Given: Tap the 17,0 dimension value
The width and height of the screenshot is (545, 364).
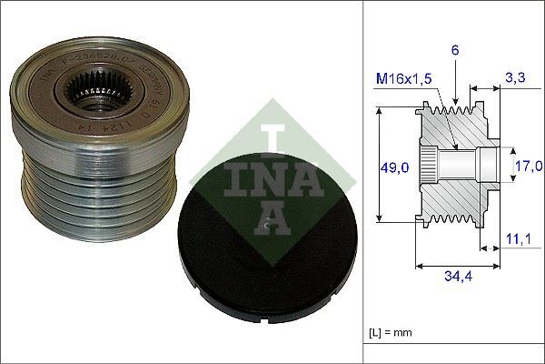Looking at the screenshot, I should pyautogui.click(x=529, y=165).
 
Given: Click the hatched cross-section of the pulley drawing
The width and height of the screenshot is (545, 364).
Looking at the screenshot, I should pyautogui.click(x=454, y=196).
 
